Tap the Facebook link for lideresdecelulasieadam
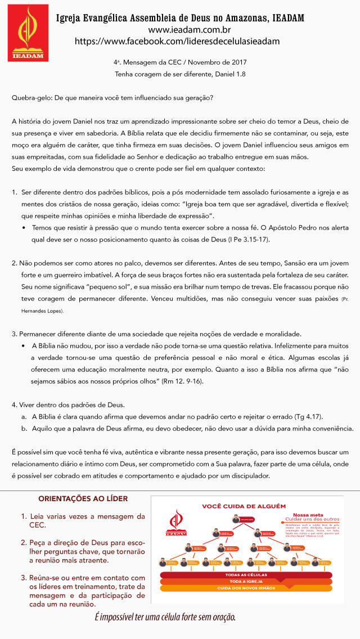tap(177, 41)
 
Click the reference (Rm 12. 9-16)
tap(175, 381)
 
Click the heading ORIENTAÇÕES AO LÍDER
tap(83, 499)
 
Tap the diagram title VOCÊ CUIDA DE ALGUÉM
tap(244, 506)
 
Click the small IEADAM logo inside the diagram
tap(176, 522)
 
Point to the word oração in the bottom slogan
tap(222, 618)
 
